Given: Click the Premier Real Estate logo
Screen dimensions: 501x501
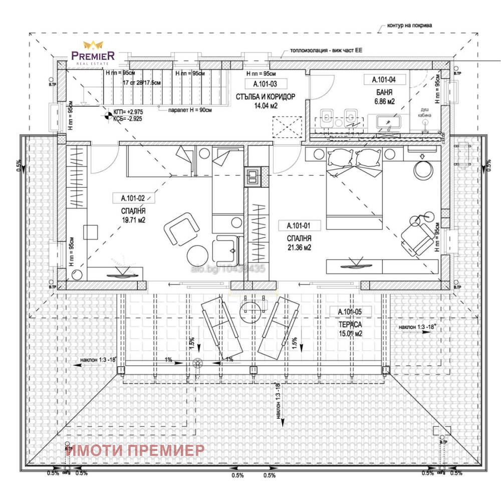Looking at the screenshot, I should (x=93, y=53).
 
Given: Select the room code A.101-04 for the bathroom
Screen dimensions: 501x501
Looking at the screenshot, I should (x=384, y=79).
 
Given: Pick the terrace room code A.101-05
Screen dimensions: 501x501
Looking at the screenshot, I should (x=355, y=312).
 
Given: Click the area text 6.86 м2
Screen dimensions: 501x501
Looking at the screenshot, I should (x=384, y=101).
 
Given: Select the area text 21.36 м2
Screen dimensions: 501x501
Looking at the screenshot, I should (x=300, y=247).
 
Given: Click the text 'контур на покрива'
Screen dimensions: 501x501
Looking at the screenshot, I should (x=410, y=25).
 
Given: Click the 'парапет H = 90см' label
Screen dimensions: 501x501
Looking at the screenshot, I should (x=190, y=110).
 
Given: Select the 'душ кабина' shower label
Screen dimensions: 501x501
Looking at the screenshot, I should (x=424, y=111).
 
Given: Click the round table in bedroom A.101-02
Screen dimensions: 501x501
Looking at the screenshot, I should (x=198, y=256).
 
